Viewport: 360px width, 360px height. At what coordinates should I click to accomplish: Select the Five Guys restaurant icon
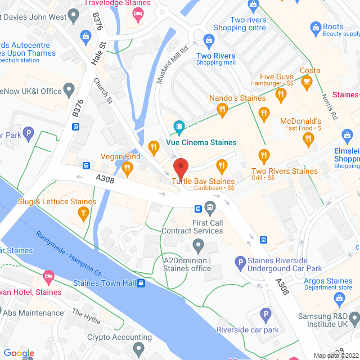click(281, 96)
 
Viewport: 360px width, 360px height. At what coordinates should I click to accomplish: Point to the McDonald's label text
click(301, 121)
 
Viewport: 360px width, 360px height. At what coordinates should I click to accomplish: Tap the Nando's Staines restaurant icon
click(223, 110)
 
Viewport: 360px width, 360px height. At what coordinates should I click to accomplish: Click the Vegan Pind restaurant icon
click(127, 168)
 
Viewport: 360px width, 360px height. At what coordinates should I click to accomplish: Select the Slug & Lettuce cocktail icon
click(83, 213)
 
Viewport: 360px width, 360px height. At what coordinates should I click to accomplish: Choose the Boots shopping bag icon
click(314, 26)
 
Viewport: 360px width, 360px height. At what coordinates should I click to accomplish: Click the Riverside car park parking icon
click(265, 313)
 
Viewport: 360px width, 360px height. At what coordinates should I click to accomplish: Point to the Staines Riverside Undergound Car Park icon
click(240, 262)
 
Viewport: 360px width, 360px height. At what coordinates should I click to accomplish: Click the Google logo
click(19, 353)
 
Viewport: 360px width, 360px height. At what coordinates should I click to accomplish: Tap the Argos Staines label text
click(328, 281)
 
